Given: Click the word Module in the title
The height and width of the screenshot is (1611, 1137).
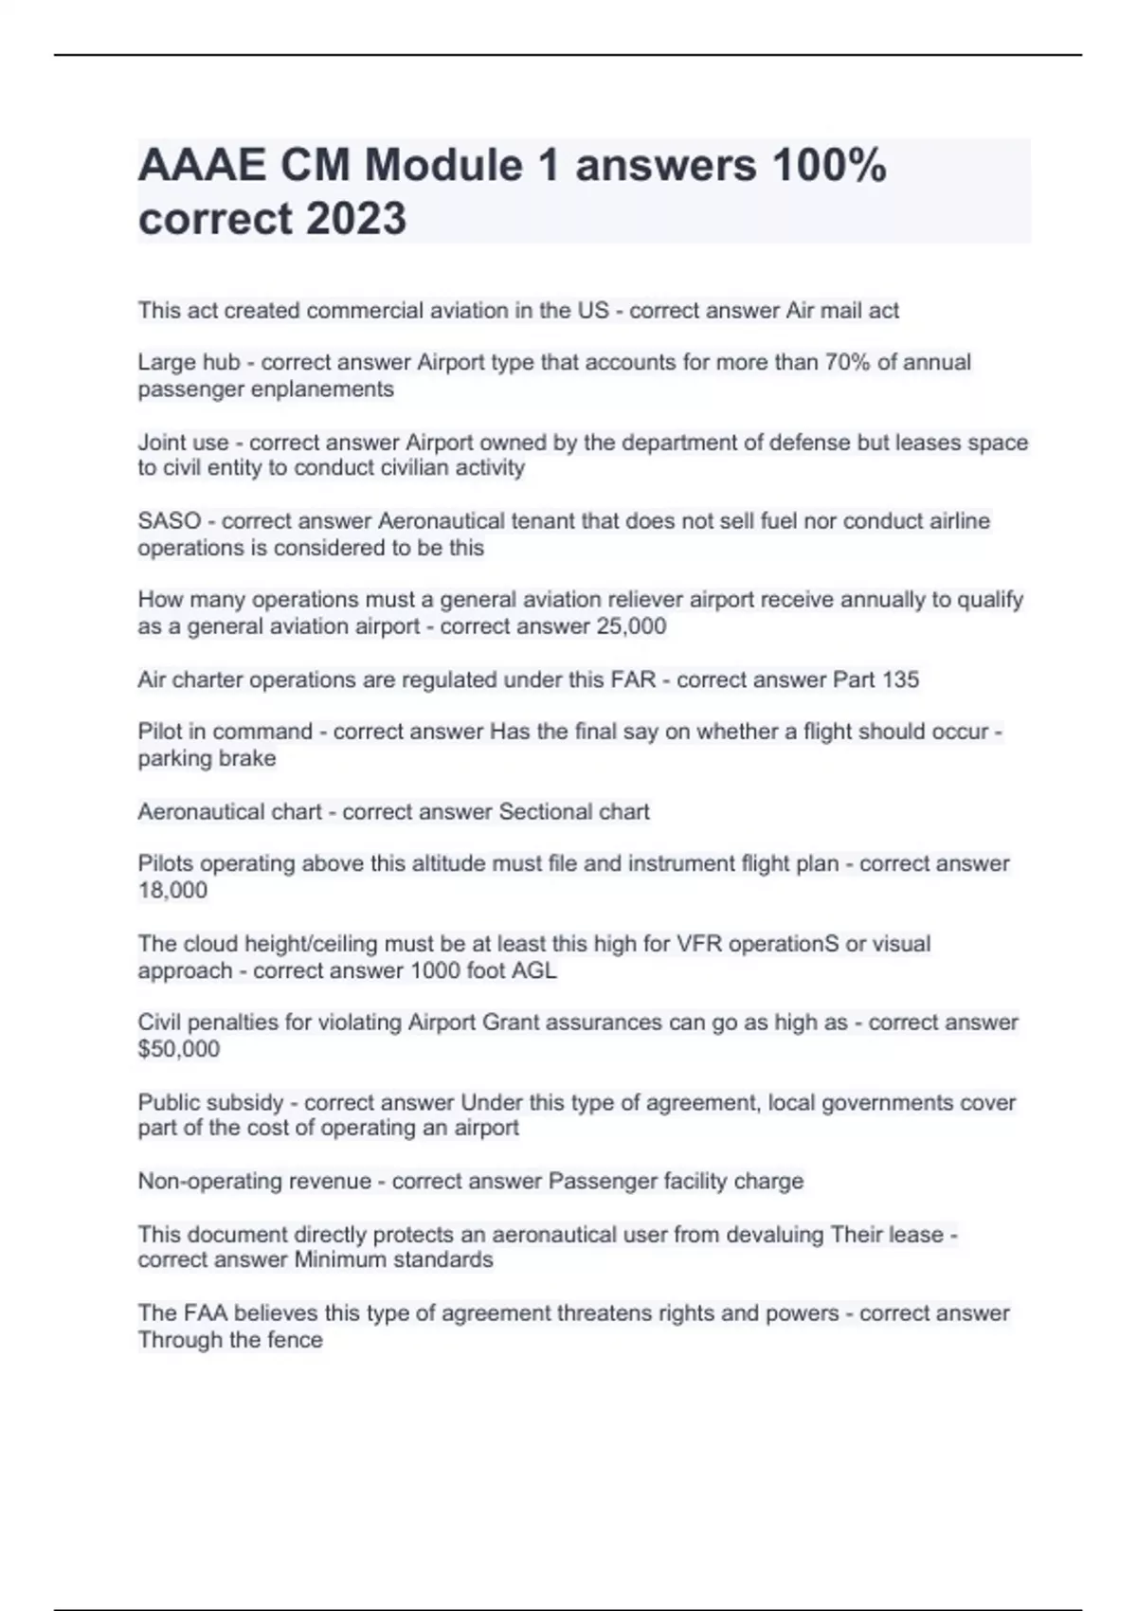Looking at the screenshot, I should coord(443,166).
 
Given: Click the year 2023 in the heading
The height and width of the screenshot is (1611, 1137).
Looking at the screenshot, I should coord(356,219).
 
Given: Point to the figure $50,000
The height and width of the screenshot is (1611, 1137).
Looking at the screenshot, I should coord(179,1049).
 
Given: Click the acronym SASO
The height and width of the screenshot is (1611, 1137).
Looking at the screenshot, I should coord(170,521).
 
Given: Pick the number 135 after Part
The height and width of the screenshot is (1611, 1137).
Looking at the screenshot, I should coord(900,679).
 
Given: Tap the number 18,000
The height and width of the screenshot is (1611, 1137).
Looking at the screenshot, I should coord(172,890).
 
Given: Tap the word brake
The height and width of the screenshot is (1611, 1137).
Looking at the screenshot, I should coord(247,758).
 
